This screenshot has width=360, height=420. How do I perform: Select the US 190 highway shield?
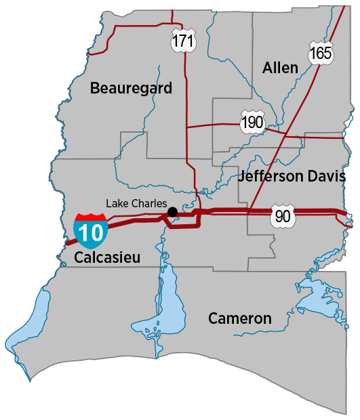[x=252, y=122]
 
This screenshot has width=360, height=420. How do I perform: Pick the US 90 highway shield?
[x=282, y=216]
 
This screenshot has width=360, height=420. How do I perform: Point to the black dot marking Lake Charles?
[x=173, y=212]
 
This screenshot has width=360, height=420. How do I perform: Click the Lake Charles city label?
[x=136, y=203]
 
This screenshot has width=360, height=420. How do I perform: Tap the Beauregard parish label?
[x=131, y=88]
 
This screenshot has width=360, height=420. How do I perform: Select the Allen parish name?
[x=280, y=67]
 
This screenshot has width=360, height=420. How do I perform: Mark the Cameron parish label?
[x=240, y=318]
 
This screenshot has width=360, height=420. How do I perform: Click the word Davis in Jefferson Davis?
[x=328, y=177]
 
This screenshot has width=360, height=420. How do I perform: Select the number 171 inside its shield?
[x=183, y=43]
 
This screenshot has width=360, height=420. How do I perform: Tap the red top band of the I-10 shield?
[x=90, y=217]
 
